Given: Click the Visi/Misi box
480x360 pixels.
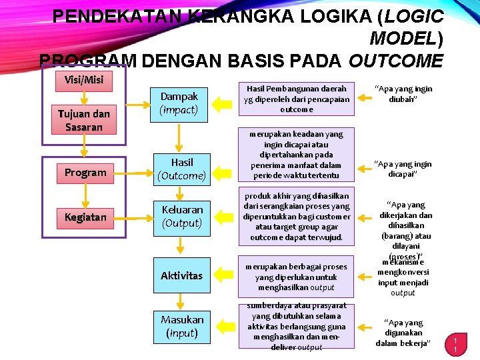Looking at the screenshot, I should click(x=84, y=80).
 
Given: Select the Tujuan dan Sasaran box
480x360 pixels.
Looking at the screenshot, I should click(x=84, y=120).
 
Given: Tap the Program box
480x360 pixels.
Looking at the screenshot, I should click(x=85, y=173).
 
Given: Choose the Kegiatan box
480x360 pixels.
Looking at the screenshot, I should click(x=85, y=217).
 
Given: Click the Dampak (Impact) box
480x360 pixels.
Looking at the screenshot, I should click(x=179, y=103).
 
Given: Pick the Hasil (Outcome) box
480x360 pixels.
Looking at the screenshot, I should click(x=179, y=169).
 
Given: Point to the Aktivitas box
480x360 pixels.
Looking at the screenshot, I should click(x=181, y=275).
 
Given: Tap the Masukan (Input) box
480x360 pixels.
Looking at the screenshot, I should click(x=181, y=326).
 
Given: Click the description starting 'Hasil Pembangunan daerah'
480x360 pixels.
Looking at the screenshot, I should click(x=297, y=99).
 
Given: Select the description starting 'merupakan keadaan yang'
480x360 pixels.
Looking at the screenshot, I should click(x=297, y=155).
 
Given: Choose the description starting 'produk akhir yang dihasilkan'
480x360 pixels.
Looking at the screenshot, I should click(x=297, y=217).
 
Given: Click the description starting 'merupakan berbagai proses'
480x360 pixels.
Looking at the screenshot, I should click(x=297, y=277).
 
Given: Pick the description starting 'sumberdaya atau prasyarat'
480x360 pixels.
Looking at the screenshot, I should click(x=297, y=327).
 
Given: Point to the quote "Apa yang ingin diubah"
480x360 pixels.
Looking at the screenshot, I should click(x=403, y=94).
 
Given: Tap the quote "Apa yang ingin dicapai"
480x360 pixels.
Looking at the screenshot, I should click(x=403, y=169).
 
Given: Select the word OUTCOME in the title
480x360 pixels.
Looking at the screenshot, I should click(x=395, y=61).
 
